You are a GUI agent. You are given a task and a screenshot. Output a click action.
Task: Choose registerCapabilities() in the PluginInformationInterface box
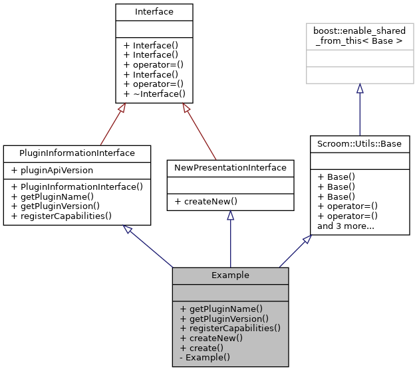[61, 215]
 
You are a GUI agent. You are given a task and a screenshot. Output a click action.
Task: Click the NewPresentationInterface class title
[230, 167]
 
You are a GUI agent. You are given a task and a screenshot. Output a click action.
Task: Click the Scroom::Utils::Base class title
[359, 143]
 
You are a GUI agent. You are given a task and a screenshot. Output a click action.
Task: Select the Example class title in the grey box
[230, 275]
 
